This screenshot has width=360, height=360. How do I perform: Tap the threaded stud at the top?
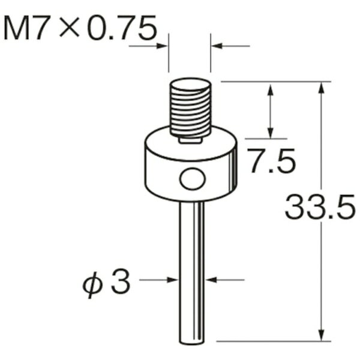[191, 108]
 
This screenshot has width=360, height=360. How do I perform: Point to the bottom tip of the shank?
[192, 341]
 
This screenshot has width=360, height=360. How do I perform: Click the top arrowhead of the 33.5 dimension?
[323, 87]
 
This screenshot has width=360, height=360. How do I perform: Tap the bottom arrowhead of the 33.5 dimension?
[323, 335]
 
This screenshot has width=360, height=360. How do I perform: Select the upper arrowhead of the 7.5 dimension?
[271, 89]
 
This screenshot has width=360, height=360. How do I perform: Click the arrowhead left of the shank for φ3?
[174, 280]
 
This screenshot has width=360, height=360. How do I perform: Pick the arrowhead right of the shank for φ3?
[211, 280]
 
